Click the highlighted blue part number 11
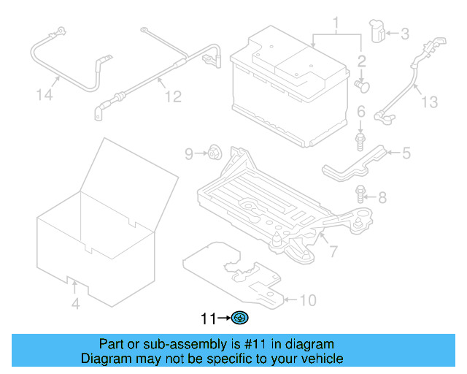[240, 318]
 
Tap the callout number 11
[209, 318]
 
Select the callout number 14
[45, 94]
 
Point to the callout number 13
[430, 102]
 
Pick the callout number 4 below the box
[75, 304]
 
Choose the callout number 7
[333, 252]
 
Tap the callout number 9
[188, 153]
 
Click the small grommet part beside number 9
[215, 153]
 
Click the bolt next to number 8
[360, 194]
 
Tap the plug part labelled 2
[362, 86]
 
